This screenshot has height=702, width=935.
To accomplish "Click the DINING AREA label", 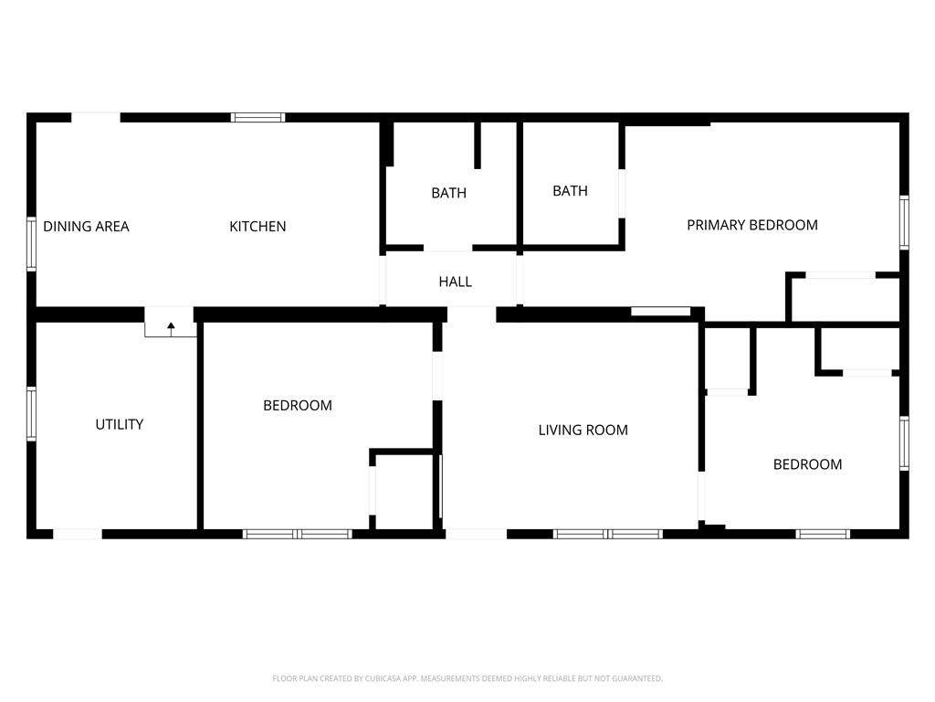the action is click(x=86, y=227).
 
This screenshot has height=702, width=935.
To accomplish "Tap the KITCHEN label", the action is click(x=257, y=227).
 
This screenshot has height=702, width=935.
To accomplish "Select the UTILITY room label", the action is click(x=120, y=424).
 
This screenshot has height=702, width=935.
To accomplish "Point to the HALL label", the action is click(x=455, y=282).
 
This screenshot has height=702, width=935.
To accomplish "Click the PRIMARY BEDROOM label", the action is click(x=752, y=225).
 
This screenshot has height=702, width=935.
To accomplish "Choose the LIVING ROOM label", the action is click(x=583, y=430).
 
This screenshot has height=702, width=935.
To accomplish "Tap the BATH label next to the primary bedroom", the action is click(x=570, y=191).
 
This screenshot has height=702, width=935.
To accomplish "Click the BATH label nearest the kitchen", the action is click(x=448, y=193).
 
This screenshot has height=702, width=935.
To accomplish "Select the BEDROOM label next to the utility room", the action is click(x=298, y=405).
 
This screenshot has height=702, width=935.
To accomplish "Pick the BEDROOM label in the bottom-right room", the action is click(x=807, y=464).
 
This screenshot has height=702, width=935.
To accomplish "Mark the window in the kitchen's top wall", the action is click(x=258, y=118).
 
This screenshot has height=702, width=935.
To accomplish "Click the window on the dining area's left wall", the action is click(x=32, y=244).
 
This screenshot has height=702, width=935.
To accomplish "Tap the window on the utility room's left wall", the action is click(x=32, y=414).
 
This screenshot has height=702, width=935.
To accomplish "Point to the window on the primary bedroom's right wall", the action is click(x=904, y=222).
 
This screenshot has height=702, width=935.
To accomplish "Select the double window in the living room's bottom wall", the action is click(x=607, y=534).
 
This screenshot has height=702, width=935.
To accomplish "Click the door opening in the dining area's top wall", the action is click(x=96, y=118).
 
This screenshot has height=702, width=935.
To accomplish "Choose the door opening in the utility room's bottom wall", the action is click(x=78, y=534).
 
